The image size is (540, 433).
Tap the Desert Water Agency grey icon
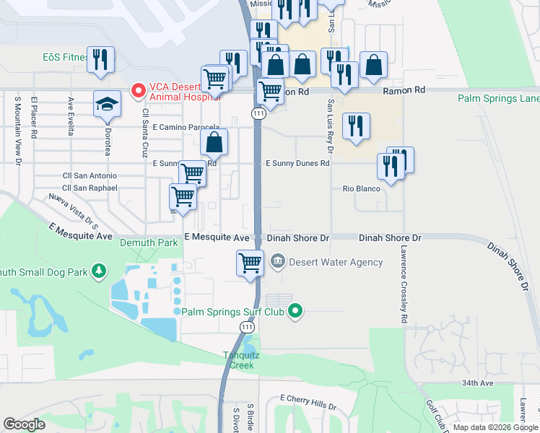[277, 261]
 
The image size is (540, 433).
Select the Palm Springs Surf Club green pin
[295, 312]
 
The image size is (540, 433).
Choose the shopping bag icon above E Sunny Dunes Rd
[214, 142]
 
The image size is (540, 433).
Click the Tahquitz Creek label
[242, 360]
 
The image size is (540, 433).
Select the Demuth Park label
[149, 243]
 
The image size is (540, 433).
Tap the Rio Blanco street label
[361, 188]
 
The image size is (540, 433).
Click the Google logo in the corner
[23, 424]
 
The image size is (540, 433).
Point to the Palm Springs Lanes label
[499, 98]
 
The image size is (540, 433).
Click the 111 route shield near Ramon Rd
[258, 114]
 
